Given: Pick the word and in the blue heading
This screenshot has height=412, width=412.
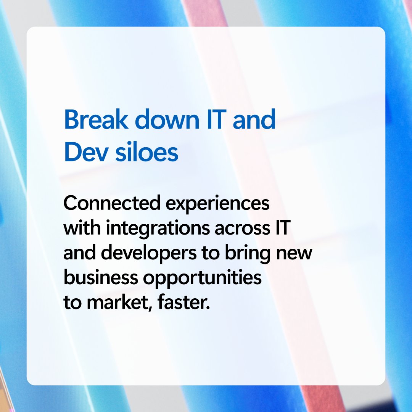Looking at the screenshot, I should click(x=254, y=120).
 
